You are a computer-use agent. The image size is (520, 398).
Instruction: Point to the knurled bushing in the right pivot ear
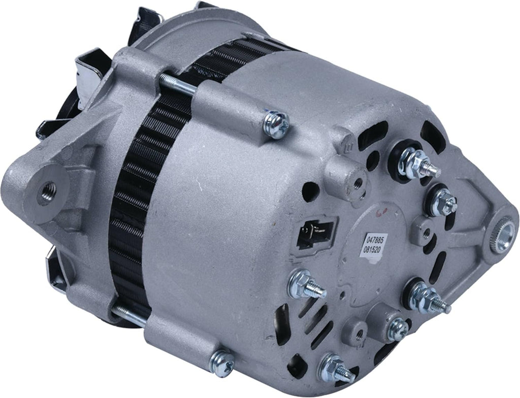click(x=503, y=230)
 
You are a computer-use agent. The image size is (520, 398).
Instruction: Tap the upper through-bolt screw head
click(x=275, y=124)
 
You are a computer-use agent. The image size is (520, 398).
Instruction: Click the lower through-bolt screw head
click(x=222, y=364)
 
